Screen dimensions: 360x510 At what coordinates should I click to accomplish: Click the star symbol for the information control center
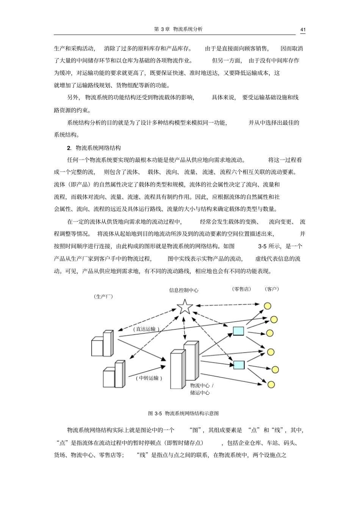point(185,306)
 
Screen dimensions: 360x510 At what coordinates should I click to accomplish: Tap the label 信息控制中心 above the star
point(183,290)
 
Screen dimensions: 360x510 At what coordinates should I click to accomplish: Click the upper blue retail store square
point(238,331)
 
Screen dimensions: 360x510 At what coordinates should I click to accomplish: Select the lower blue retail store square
point(239,365)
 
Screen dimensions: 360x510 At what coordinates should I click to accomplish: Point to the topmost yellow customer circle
point(268,306)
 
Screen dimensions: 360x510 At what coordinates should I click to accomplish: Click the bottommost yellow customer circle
point(271,384)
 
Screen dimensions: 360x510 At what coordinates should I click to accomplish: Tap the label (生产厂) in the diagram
point(103,297)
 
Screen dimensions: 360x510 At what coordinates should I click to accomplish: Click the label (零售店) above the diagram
point(241,289)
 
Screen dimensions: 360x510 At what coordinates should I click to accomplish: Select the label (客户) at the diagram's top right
point(271,289)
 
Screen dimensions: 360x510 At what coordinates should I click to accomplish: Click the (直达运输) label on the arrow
point(146,329)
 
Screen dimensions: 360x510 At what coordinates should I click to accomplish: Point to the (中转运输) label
point(149,378)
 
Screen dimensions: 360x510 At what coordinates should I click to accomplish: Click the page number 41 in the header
point(303,30)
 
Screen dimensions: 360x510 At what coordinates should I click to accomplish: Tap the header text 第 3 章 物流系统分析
point(178,29)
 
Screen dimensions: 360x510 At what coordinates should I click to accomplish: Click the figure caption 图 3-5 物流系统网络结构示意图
point(183,413)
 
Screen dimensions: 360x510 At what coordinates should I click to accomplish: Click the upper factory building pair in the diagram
point(102,344)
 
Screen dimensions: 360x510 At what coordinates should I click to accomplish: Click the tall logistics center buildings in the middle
point(184,365)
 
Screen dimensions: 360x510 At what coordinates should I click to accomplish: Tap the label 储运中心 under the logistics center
point(200,393)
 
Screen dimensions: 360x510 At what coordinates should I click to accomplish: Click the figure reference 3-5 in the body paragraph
point(262,246)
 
